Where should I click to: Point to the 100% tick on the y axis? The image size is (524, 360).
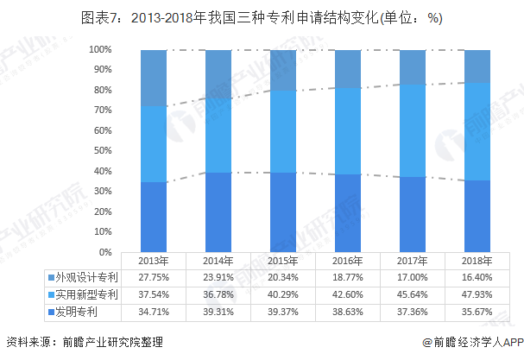point(100,50)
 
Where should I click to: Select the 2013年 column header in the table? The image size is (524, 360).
point(153,261)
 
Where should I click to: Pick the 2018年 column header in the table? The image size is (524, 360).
point(477,261)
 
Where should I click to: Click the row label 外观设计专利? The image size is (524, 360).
point(85,277)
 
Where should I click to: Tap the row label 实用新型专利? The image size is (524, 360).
point(85,294)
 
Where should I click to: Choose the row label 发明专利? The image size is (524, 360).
point(79,310)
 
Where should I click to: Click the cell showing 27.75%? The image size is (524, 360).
point(153,277)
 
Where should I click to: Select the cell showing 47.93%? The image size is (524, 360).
point(477,294)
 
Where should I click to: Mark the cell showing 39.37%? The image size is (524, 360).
point(282,310)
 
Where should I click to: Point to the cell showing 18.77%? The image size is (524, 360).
point(347,277)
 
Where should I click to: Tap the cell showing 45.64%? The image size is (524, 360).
point(412,294)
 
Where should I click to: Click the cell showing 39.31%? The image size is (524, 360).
point(218,310)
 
